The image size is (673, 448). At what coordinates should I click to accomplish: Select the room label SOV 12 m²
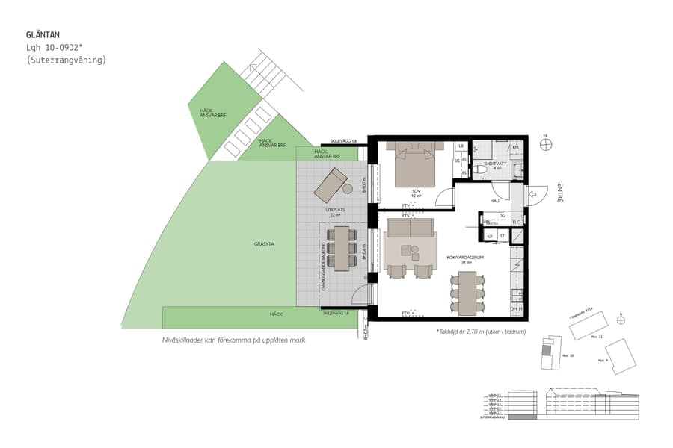pyautogui.click(x=416, y=193)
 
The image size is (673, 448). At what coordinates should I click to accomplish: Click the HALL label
pyautogui.click(x=494, y=201)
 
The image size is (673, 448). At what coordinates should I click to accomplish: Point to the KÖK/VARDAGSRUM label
pyautogui.click(x=466, y=259)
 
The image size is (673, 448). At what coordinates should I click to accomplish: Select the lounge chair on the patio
pyautogui.click(x=330, y=183)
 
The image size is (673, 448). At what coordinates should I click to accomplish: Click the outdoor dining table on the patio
pyautogui.click(x=342, y=247)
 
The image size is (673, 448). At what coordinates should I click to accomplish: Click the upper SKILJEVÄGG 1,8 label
pyautogui.click(x=344, y=141)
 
